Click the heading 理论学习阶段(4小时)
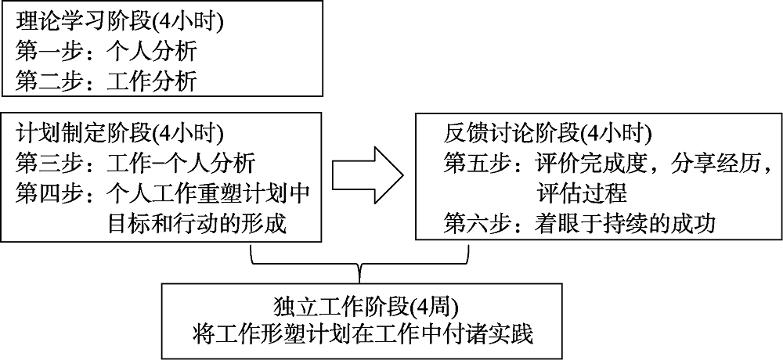pyautogui.click(x=119, y=21)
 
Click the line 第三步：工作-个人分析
pyautogui.click(x=135, y=164)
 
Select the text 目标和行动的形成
pyautogui.click(x=197, y=224)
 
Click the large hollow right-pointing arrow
pyautogui.click(x=367, y=178)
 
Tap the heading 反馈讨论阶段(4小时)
pyautogui.click(x=547, y=133)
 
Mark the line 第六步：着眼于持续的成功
pyautogui.click(x=579, y=224)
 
